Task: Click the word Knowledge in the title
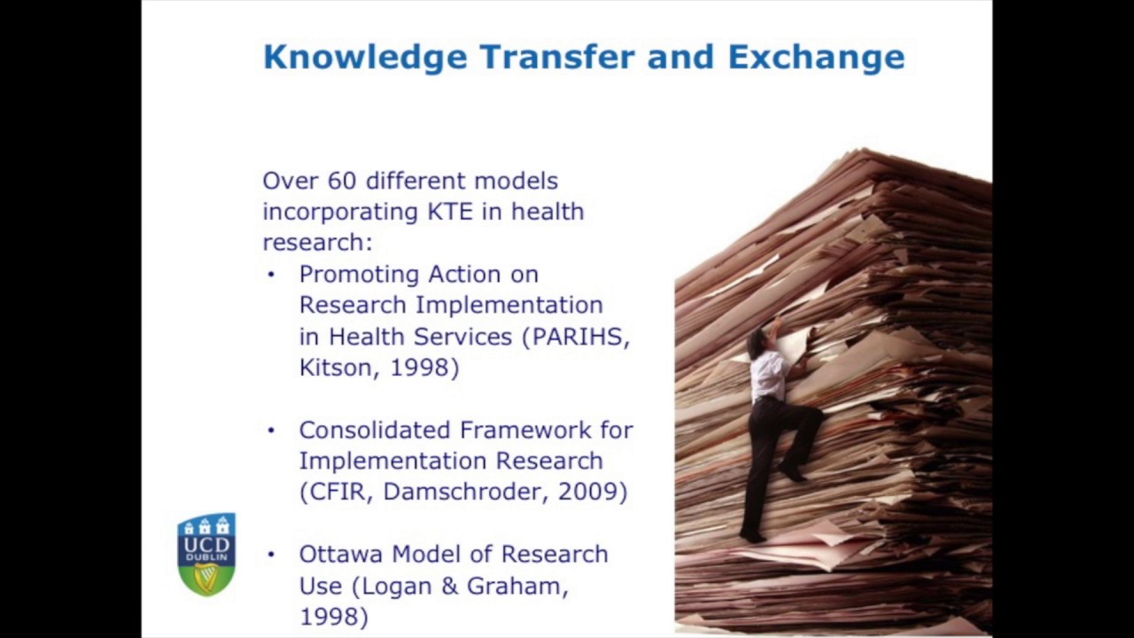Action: (x=365, y=58)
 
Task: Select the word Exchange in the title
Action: (x=816, y=58)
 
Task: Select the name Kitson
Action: (x=332, y=368)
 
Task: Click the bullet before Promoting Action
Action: (x=272, y=275)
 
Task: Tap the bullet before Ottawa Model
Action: (x=272, y=555)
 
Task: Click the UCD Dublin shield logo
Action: (x=206, y=554)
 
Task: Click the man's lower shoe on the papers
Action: (x=752, y=536)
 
